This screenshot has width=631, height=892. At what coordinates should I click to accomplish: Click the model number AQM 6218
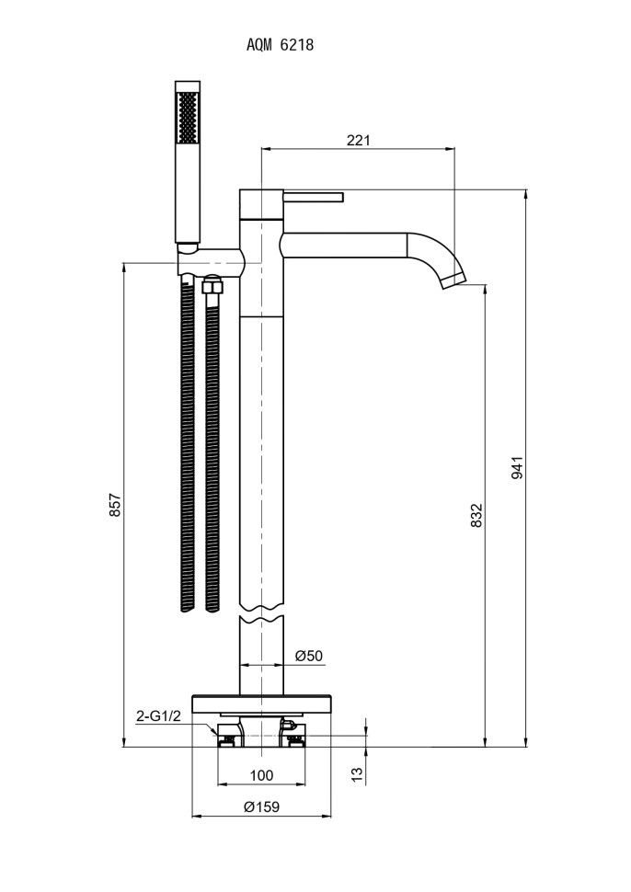(281, 44)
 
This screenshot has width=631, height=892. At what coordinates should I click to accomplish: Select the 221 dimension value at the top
(358, 140)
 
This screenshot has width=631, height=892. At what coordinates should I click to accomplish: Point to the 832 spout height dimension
(476, 515)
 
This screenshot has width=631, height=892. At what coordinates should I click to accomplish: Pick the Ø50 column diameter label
(309, 656)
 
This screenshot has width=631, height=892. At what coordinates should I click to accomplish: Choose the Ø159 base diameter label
(261, 806)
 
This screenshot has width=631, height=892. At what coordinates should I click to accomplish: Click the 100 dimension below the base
(261, 775)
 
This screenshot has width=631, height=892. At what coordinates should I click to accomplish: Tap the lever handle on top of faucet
(313, 197)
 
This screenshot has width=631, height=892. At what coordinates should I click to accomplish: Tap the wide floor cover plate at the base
(262, 701)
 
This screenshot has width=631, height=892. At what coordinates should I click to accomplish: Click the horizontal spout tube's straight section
(345, 246)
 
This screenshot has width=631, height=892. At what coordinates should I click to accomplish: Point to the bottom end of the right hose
(213, 606)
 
